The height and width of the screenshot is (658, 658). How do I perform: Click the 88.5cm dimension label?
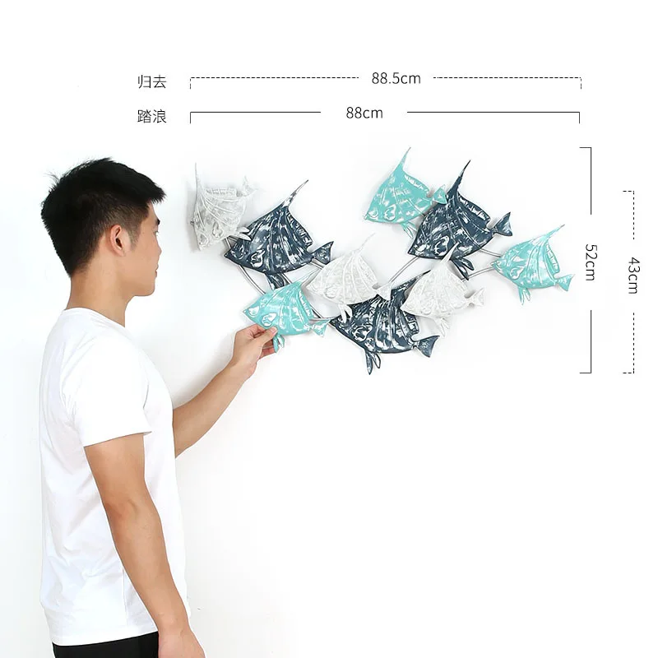tap(396, 79)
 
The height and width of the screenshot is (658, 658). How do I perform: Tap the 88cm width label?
tap(364, 113)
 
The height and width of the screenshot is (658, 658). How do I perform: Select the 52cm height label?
tap(590, 262)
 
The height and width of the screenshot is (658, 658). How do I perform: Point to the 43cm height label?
tap(633, 275)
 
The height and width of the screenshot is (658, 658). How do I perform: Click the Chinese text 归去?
tap(151, 81)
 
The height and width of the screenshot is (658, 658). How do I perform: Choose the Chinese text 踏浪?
tap(151, 117)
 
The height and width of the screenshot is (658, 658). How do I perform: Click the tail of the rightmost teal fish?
tap(563, 282)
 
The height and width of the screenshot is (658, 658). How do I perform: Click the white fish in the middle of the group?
tap(345, 276)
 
